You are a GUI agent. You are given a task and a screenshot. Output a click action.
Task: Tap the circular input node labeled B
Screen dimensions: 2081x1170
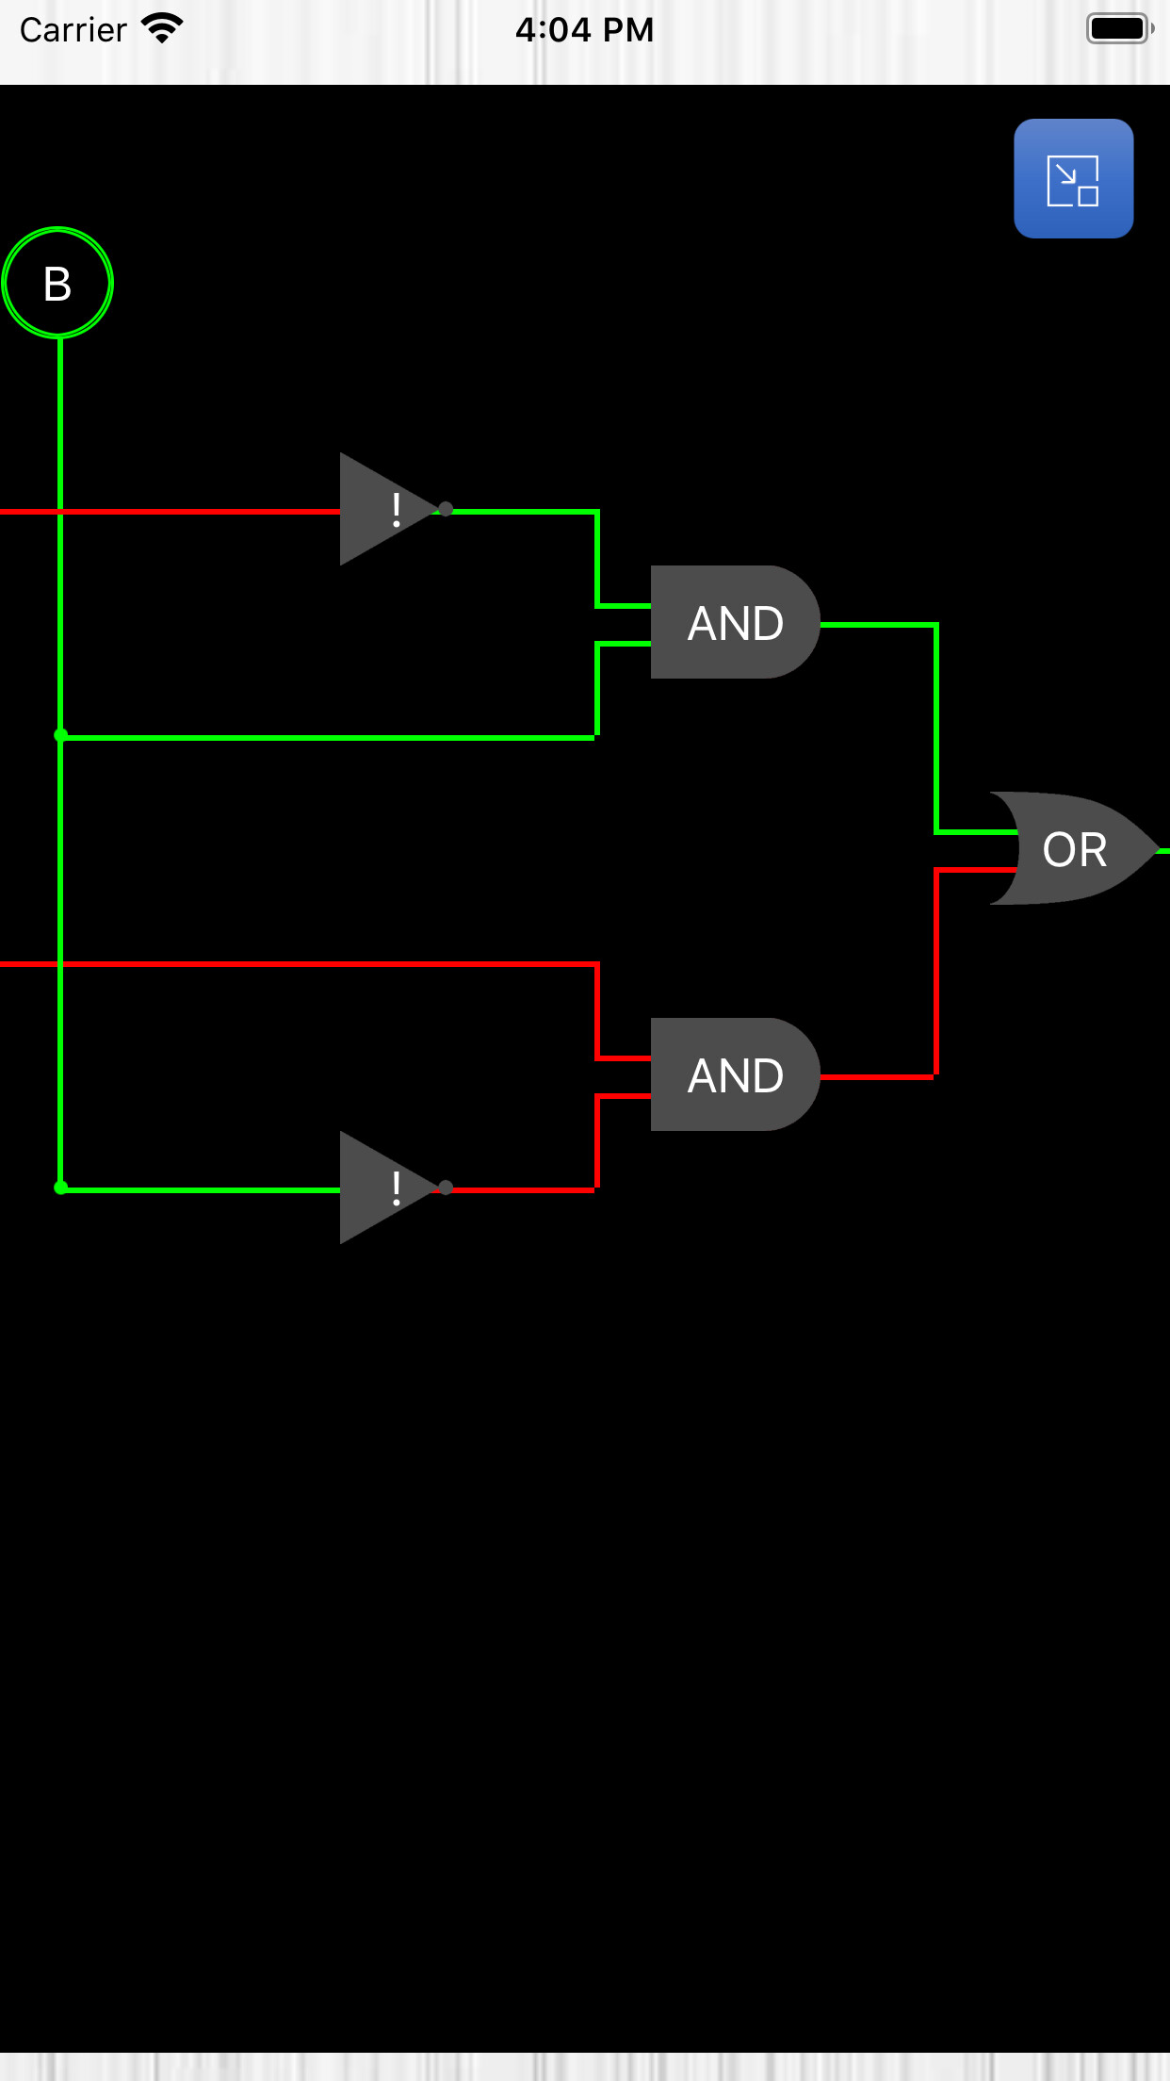point(57,283)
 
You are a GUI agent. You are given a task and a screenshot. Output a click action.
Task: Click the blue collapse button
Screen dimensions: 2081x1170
point(1073,179)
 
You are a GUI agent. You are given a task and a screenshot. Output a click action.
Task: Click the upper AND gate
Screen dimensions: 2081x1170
point(734,622)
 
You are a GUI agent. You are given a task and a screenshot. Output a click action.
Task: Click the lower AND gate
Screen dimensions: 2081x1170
point(734,1074)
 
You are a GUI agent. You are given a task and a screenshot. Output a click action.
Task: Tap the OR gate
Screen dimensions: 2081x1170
point(1074,849)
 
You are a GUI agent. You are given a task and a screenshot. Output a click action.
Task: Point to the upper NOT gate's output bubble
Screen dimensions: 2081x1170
point(446,509)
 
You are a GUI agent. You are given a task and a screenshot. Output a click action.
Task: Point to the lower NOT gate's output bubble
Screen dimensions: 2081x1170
point(446,1188)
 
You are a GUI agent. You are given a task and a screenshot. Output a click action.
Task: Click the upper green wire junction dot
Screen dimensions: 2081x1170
point(60,735)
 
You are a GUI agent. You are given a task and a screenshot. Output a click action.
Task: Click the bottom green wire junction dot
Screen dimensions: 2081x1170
point(60,1188)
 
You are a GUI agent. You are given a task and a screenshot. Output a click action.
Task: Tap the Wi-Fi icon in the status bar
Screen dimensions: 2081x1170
point(162,28)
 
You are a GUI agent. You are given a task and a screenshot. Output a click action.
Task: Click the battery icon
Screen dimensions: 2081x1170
point(1119,28)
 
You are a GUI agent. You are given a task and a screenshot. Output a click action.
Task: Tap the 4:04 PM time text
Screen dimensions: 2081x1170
point(584,30)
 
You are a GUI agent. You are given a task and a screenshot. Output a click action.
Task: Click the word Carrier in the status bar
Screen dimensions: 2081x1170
point(73,30)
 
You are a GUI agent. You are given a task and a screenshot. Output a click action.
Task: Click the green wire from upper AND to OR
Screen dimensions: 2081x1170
point(936,726)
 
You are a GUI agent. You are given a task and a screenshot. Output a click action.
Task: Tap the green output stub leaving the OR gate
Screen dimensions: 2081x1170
point(1163,851)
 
